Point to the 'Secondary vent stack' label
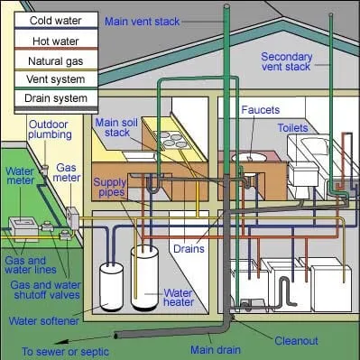[x=287, y=62]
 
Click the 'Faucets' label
[x=261, y=109]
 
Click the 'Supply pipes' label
[x=109, y=187]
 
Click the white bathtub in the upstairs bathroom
[x=320, y=155]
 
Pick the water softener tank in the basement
[x=112, y=287]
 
